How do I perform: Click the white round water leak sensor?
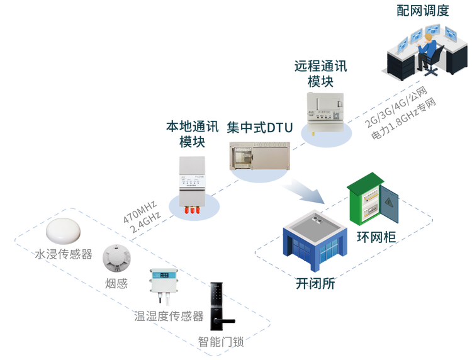(64, 230)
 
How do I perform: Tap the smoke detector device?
(117, 255)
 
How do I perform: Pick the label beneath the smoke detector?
(117, 284)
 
